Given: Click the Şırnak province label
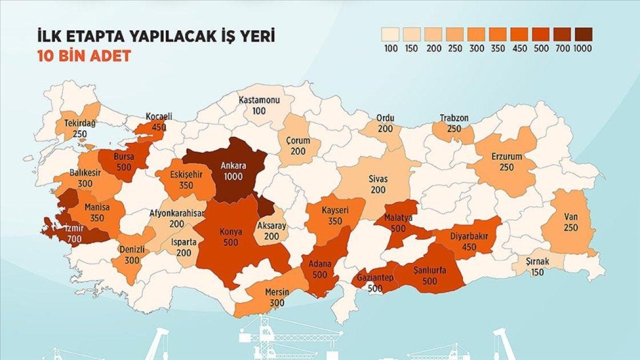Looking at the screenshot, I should pyautogui.click(x=538, y=263).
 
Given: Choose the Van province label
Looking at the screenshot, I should pyautogui.click(x=569, y=218).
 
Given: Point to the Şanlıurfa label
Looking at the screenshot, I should pyautogui.click(x=430, y=270).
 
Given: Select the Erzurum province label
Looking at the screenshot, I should pyautogui.click(x=507, y=157).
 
